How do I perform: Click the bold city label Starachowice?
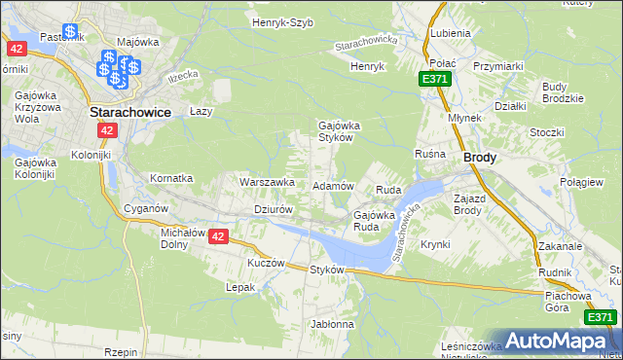pyautogui.click(x=130, y=112)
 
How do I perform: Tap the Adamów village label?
pyautogui.click(x=332, y=185)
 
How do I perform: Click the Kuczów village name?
pyautogui.click(x=266, y=263)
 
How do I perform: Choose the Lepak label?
pyautogui.click(x=240, y=287)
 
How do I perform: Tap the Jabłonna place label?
pyautogui.click(x=332, y=323)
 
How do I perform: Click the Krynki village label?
pyautogui.click(x=436, y=245)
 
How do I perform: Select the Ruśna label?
pyautogui.click(x=429, y=154)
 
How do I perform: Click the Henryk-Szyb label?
pyautogui.click(x=282, y=21)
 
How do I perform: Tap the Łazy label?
pyautogui.click(x=201, y=111)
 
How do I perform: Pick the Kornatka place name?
pyautogui.click(x=171, y=179)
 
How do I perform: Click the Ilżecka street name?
pyautogui.click(x=182, y=75)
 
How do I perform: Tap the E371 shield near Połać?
pyautogui.click(x=435, y=78)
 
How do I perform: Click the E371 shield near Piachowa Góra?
pyautogui.click(x=600, y=317)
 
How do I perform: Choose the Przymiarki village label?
pyautogui.click(x=499, y=66)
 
